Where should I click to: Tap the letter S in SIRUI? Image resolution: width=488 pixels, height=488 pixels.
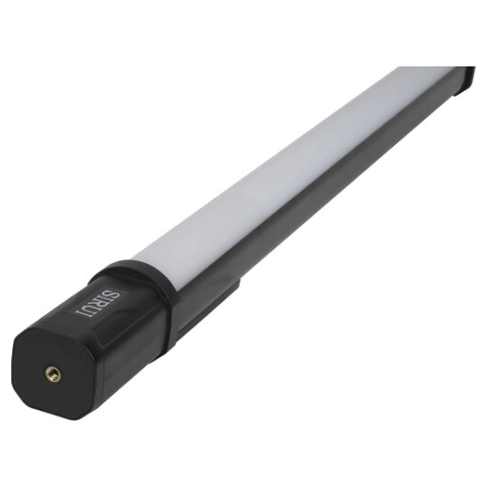tap(113, 296)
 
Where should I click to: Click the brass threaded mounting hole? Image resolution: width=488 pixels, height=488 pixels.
tap(54, 374)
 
